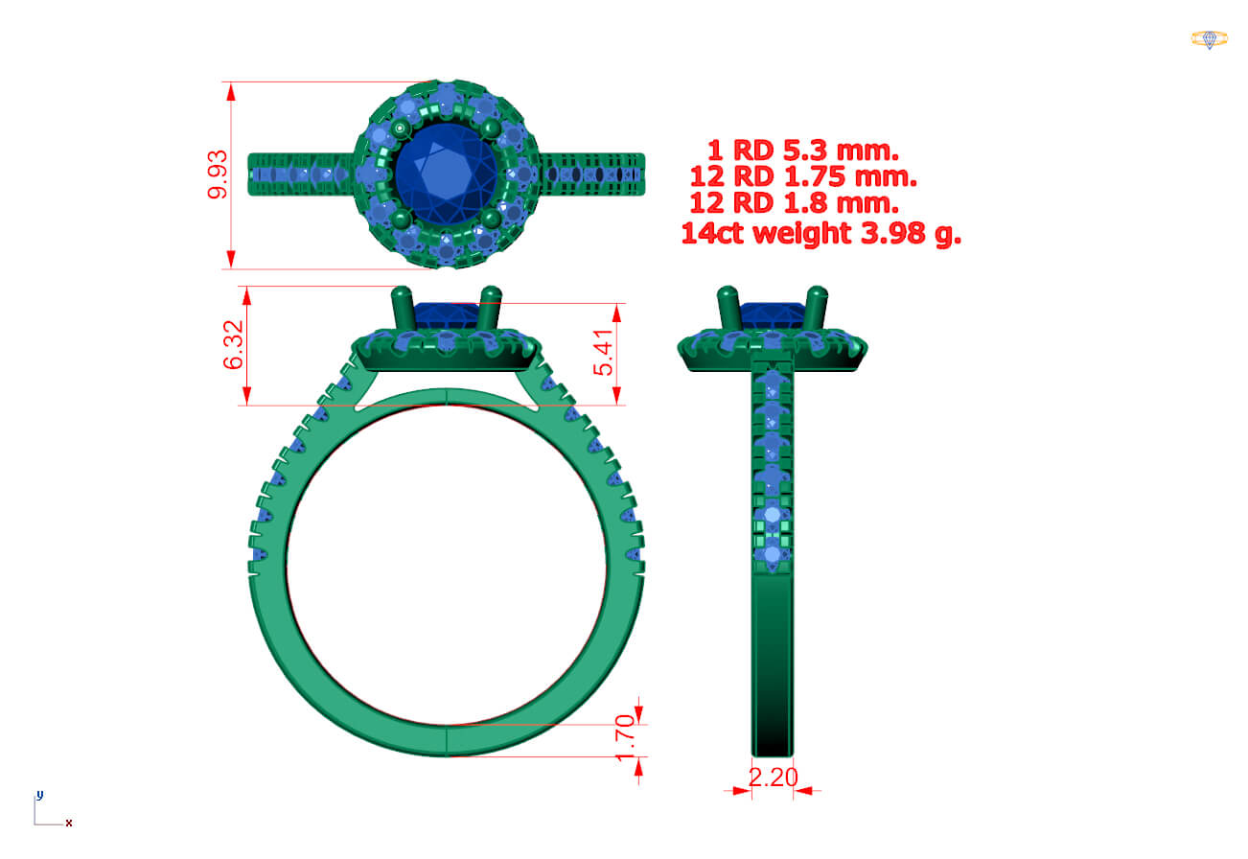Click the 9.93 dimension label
click(218, 174)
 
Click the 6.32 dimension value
click(234, 345)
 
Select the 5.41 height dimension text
click(603, 353)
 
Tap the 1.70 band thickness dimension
click(625, 737)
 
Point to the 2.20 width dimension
click(774, 778)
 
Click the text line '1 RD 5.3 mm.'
click(803, 151)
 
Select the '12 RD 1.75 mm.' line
click(803, 176)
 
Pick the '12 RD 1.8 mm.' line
click(795, 203)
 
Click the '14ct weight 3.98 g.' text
click(821, 233)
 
